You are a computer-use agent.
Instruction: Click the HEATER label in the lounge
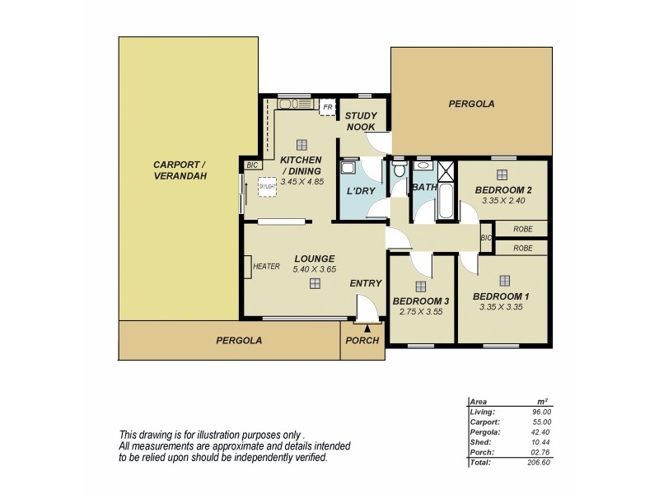pos(267,266)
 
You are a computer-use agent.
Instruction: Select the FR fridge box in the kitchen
pos(327,108)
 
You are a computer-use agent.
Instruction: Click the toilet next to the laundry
pos(399,171)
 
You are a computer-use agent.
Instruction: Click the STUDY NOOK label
pos(360,121)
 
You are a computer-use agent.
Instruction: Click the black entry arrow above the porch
pos(367,327)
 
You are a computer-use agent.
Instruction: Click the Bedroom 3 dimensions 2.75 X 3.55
pos(420,312)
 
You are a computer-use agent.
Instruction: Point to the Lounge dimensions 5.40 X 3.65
pos(314,268)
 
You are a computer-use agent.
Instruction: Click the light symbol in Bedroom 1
pos(502,279)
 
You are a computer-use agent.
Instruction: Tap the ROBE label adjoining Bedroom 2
pos(522,229)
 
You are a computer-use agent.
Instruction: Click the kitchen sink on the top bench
pos(291,105)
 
